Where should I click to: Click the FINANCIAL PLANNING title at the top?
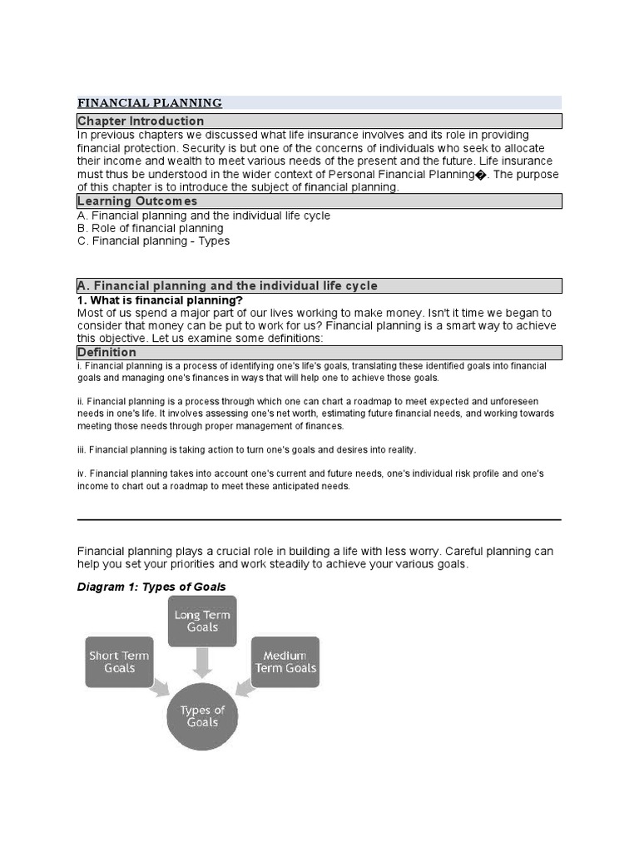pyautogui.click(x=150, y=103)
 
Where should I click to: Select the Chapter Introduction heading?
pyautogui.click(x=141, y=121)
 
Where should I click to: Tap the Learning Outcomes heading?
pyautogui.click(x=137, y=201)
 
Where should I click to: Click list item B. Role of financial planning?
pyautogui.click(x=151, y=228)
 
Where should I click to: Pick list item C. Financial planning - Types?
pyautogui.click(x=154, y=241)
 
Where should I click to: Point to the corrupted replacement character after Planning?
pyautogui.click(x=479, y=175)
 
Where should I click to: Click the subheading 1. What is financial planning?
pyautogui.click(x=160, y=300)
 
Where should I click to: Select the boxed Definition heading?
pyautogui.click(x=106, y=353)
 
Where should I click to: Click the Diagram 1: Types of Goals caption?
pyautogui.click(x=151, y=587)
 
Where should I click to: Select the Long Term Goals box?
pyautogui.click(x=202, y=622)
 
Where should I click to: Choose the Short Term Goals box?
pyautogui.click(x=119, y=662)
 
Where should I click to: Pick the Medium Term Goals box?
pyautogui.click(x=285, y=662)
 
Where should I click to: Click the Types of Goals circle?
pyautogui.click(x=202, y=716)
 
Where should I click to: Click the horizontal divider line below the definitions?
pyautogui.click(x=319, y=519)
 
